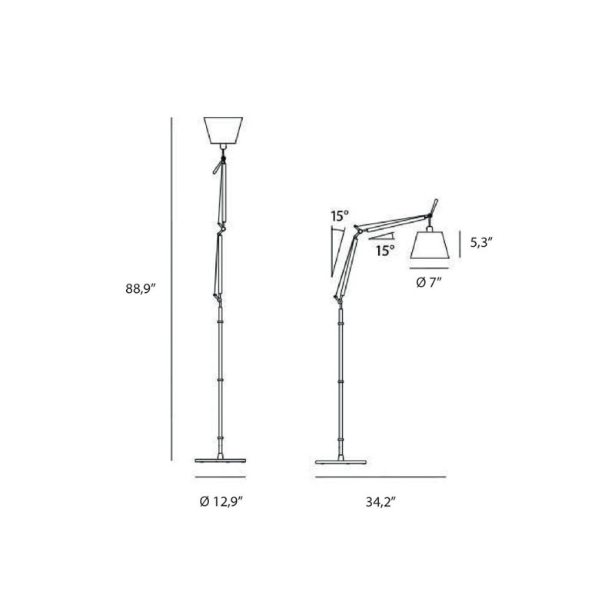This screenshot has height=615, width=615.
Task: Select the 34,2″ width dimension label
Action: pos(381,501)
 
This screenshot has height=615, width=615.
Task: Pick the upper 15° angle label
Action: pos(338,217)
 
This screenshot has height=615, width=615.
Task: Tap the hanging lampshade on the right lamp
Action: pos(430,244)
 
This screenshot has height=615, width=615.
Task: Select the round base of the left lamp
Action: pos(221,460)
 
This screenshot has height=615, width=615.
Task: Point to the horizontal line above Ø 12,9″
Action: pos(221,476)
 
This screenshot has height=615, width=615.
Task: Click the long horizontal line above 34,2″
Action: pos(380,476)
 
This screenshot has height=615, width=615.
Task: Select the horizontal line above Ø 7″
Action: pos(430,267)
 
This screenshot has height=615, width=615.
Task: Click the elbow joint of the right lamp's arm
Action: pos(357,228)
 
